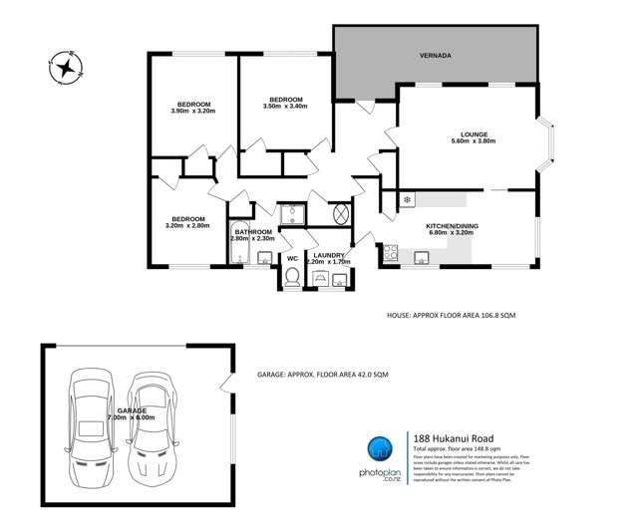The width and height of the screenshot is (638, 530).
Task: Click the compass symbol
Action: (x=67, y=67)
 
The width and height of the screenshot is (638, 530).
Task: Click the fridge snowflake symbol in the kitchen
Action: (x=408, y=200)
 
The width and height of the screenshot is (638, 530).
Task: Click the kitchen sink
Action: (x=423, y=259)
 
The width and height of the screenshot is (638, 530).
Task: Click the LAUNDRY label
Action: (x=329, y=256)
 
